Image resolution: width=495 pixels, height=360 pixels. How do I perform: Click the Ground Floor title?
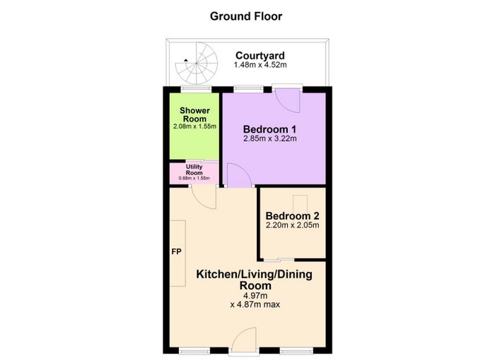[x=246, y=16]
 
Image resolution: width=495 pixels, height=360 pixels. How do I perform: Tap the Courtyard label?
[x=260, y=56]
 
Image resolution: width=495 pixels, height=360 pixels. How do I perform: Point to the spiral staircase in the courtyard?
[x=197, y=64]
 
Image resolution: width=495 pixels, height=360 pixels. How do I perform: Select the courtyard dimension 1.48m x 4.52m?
[x=260, y=65]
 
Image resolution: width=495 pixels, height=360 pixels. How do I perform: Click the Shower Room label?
[x=194, y=115]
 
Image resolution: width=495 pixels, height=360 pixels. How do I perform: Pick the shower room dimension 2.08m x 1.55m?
[x=194, y=127]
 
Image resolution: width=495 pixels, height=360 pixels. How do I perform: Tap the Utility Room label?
[x=194, y=170]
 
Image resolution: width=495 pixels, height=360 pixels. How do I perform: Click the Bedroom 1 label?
[x=270, y=129]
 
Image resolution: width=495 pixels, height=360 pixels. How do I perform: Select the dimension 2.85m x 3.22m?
[x=270, y=139]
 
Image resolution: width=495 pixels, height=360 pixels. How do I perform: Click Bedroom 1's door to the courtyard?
[x=287, y=100]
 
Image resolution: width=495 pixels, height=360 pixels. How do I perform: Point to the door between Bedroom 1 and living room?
[x=239, y=175]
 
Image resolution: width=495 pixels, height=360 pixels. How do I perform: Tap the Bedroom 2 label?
[x=292, y=216]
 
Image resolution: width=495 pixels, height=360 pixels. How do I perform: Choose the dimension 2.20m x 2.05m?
[x=292, y=225]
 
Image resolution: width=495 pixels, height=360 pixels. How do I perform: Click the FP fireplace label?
[x=177, y=252]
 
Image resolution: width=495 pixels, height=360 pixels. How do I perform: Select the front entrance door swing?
[x=243, y=338]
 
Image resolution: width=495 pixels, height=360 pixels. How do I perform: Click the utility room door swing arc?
[x=204, y=198]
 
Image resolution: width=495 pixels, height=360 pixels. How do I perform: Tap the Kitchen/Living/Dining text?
[x=254, y=274]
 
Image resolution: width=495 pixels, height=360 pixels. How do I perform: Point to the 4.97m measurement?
[x=255, y=296]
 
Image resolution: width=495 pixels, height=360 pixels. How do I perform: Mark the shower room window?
[x=197, y=90]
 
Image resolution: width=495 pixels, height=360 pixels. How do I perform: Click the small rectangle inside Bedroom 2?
[x=301, y=204]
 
